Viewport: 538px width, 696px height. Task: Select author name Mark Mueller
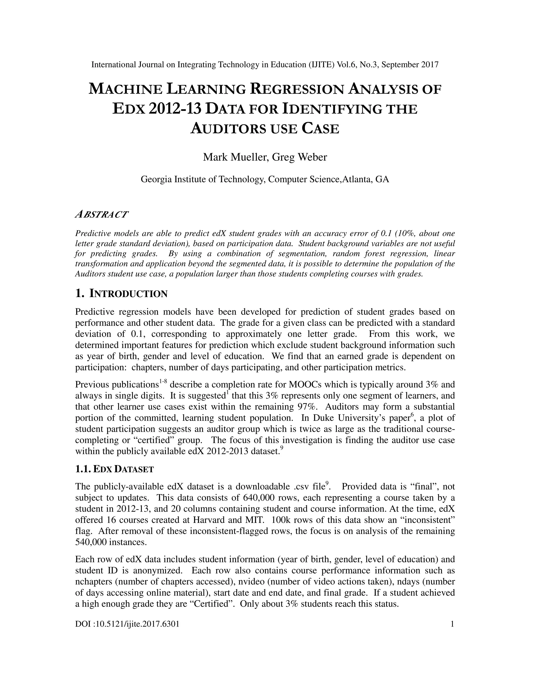pyautogui.click(x=236, y=157)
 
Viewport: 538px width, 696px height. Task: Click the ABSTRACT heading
pyautogui.click(x=101, y=215)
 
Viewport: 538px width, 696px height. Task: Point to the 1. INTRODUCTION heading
pyautogui.click(x=121, y=294)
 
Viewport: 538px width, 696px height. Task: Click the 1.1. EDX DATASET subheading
pyautogui.click(x=115, y=469)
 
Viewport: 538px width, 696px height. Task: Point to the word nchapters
pyautogui.click(x=94, y=581)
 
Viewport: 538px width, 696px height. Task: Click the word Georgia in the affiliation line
pyautogui.click(x=156, y=179)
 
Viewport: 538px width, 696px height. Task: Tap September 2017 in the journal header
pyautogui.click(x=410, y=65)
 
